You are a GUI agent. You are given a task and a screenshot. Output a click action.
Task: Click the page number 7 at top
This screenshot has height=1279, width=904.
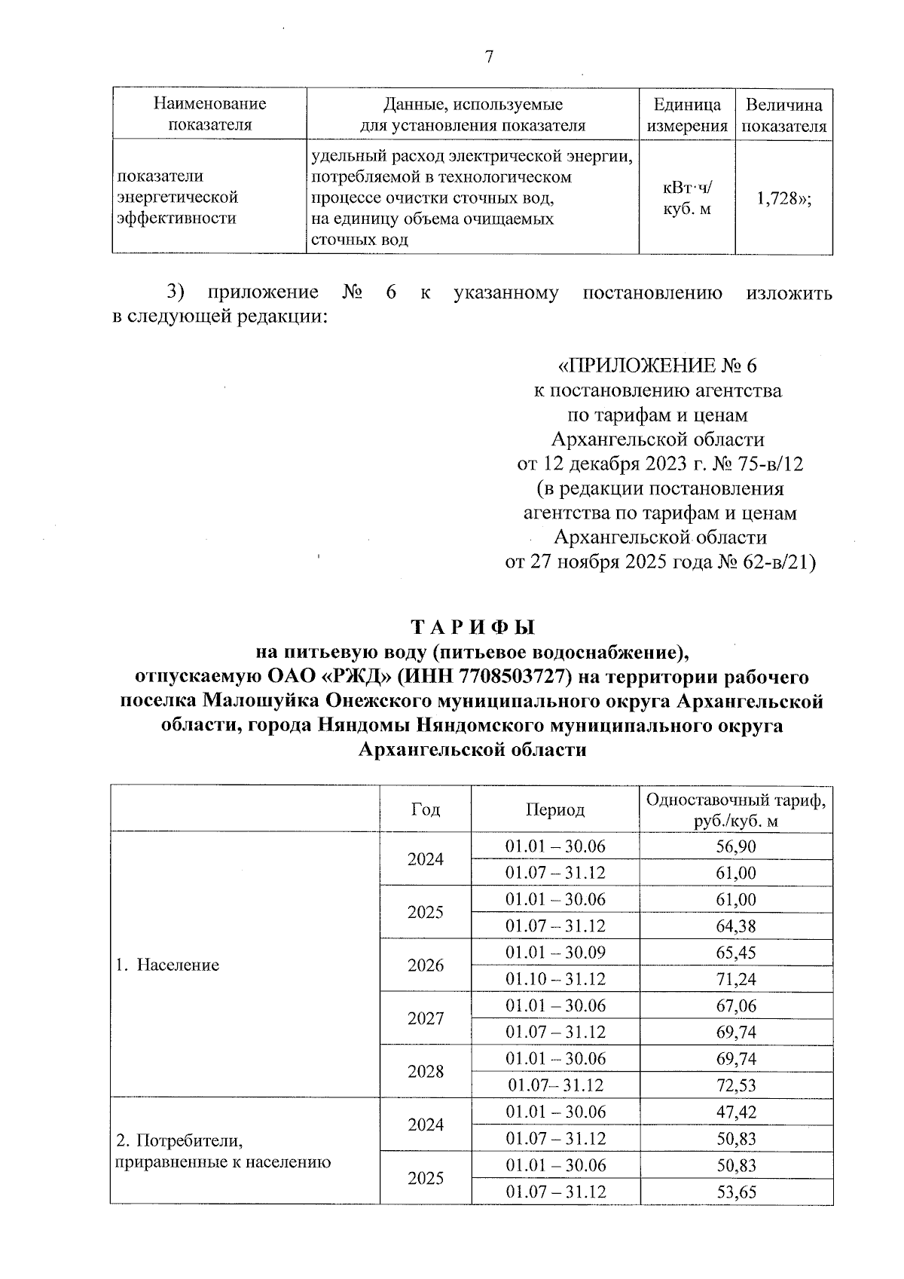(489, 57)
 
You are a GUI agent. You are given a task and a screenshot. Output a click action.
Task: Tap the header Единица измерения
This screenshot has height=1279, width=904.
(686, 115)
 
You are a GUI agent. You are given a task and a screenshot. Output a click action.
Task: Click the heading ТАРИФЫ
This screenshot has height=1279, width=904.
(472, 627)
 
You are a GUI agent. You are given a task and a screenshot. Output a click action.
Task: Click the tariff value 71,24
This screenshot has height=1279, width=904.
(735, 979)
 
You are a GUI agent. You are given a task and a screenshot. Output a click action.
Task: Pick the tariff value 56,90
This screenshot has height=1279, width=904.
(735, 846)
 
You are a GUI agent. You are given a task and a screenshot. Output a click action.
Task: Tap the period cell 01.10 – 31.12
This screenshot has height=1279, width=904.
(555, 979)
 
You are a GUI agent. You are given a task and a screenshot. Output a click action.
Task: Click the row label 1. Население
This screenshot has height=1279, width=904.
(167, 965)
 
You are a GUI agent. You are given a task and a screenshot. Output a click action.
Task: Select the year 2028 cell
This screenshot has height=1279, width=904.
(426, 1072)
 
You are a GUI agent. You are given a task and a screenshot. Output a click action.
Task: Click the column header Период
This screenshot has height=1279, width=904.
(555, 809)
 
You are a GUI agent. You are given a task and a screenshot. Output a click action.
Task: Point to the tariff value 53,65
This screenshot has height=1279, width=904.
(735, 1192)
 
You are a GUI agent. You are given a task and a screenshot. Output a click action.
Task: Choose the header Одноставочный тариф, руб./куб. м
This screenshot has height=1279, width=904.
(735, 809)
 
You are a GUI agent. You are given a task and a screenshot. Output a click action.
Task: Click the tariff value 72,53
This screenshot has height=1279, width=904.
(735, 1085)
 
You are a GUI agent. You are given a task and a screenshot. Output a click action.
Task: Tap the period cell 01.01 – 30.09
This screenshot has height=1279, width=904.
(555, 953)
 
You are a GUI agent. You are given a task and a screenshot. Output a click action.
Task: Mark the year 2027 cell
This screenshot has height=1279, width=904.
(426, 1019)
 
